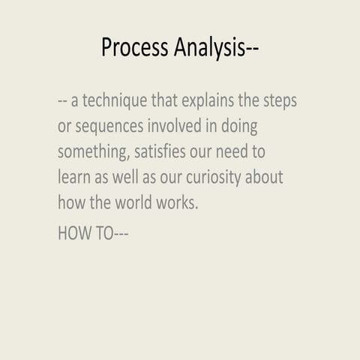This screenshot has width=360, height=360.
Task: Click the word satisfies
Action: pyautogui.click(x=165, y=152)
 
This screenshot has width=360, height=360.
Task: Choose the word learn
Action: pyautogui.click(x=74, y=178)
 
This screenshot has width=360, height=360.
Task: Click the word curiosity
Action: pyautogui.click(x=224, y=178)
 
